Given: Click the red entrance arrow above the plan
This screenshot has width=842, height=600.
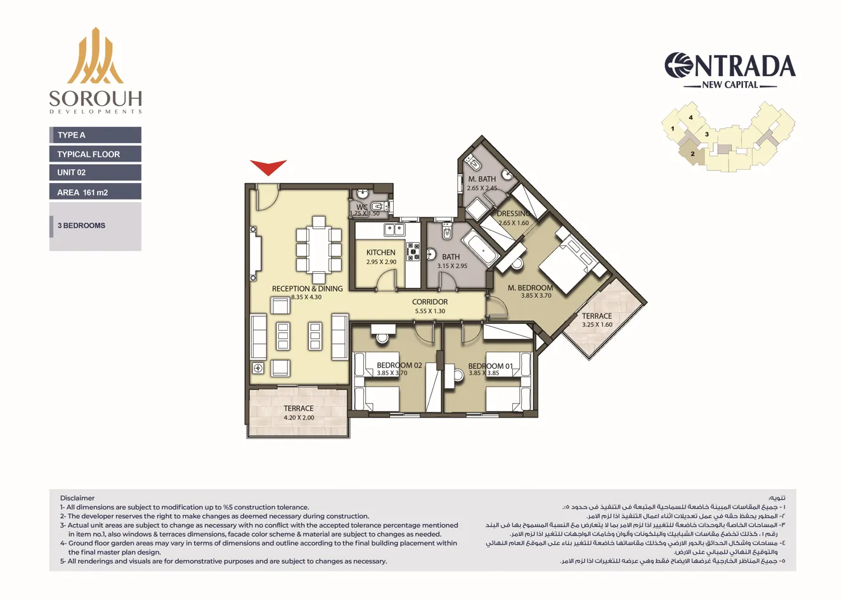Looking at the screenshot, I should click(268, 167).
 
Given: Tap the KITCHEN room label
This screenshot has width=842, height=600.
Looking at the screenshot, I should click(380, 252).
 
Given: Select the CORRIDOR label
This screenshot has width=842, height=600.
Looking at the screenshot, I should click(430, 302).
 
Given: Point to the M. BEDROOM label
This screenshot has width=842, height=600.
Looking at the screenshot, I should click(530, 288).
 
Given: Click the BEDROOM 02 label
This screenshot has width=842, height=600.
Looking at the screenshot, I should click(399, 366).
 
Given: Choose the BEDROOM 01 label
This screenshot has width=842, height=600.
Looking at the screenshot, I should click(490, 366).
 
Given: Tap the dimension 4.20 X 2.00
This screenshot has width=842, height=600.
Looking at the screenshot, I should click(299, 418).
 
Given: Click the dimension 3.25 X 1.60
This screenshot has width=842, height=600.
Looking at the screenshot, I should click(597, 324).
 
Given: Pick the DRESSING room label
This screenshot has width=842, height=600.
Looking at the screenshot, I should click(513, 214).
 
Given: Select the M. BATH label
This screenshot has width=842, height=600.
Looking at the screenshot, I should click(482, 179).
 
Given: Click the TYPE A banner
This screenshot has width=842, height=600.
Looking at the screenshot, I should click(95, 135).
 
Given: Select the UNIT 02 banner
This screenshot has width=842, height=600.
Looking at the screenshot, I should click(95, 172).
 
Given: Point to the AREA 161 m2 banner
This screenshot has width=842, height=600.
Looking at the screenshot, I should click(95, 192).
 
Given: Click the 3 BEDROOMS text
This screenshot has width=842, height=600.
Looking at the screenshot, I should click(81, 226).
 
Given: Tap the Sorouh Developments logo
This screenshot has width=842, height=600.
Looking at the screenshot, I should click(95, 70).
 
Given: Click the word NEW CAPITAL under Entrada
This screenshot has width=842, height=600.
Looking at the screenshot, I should click(730, 85).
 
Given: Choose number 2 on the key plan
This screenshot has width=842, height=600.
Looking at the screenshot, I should click(692, 154).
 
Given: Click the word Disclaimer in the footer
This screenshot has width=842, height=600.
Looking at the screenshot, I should click(77, 498).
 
